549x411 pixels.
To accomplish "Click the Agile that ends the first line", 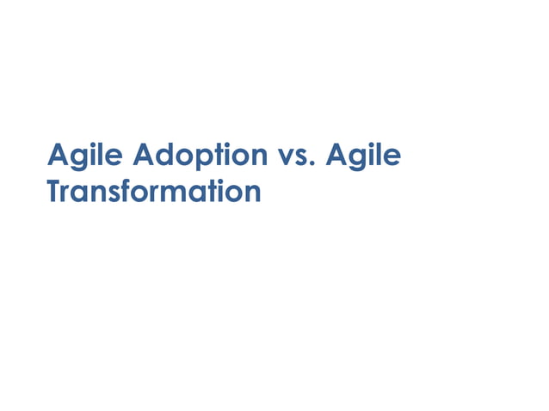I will point(365,156).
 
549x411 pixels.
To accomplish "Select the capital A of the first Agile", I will point(59,156).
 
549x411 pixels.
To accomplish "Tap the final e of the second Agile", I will point(392,158).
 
